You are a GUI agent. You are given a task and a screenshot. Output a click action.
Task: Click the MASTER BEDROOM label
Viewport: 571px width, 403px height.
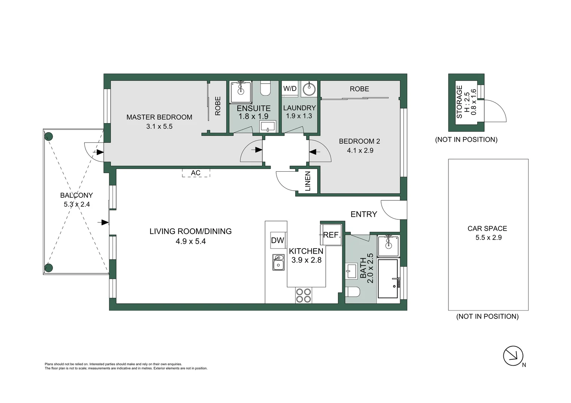pos(159,117)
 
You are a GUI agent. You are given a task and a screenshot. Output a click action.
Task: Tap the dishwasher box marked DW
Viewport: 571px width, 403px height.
pos(278,240)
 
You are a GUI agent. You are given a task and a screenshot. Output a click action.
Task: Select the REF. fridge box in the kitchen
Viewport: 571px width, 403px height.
pos(331,235)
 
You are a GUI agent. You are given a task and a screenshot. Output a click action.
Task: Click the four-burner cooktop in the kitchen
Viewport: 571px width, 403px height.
pos(303,296)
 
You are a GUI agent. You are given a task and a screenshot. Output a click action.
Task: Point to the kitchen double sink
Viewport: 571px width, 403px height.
pos(278,262)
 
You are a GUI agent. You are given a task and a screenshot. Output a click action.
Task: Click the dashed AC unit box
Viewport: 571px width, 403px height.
pos(196,173)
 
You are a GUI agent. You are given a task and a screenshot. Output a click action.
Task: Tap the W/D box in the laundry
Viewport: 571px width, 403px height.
pos(290,89)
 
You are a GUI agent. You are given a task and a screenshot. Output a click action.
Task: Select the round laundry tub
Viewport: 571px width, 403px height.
pos(309,89)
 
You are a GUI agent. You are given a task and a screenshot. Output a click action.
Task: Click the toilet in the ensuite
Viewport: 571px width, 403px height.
pos(265,88)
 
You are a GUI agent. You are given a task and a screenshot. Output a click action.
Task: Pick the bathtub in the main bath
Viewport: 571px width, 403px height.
pos(388,279)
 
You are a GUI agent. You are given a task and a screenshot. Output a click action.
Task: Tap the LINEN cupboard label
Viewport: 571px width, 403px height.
pos(308,181)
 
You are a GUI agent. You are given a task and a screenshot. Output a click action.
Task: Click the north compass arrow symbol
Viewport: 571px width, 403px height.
pos(513,356)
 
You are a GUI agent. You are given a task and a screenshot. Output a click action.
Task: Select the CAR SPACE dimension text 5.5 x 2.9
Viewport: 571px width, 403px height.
pos(488,238)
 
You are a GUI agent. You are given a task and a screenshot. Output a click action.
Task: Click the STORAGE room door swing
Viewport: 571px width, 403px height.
pos(495,111)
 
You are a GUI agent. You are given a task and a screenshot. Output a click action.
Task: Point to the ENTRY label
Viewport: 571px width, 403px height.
pos(364,214)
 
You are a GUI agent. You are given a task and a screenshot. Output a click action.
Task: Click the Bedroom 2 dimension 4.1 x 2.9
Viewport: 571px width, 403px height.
pos(360,150)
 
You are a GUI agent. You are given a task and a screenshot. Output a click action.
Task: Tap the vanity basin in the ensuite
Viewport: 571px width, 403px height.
pos(268,126)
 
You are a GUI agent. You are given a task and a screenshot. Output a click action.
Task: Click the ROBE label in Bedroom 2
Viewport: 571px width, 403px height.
pos(359,89)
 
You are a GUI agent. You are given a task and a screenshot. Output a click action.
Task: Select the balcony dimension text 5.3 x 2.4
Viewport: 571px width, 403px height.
pos(77,204)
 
